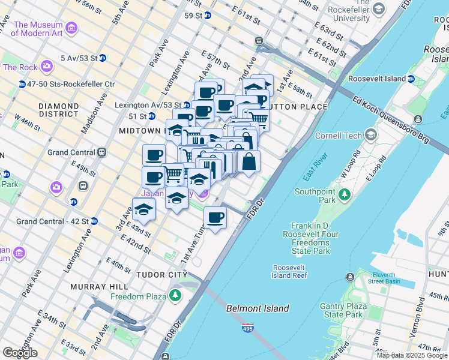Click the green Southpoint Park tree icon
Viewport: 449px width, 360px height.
344,194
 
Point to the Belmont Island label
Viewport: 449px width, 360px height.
258,308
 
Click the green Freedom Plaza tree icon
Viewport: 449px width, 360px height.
175,296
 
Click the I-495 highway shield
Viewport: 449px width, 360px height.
249,328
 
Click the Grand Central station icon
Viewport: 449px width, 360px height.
102,152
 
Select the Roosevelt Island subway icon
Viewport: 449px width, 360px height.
411,79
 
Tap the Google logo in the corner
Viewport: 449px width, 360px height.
20,353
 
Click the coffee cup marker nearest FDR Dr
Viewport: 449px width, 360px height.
215,217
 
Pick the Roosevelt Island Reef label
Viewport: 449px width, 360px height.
290,271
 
